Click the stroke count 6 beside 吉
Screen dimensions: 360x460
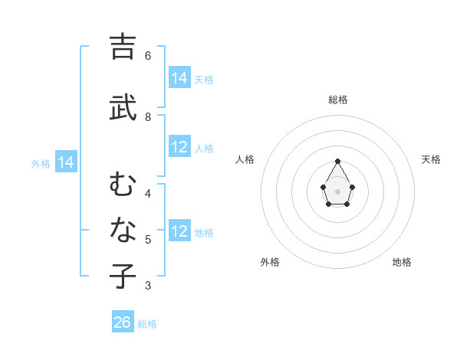coord(148,55)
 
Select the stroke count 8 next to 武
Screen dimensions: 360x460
coord(148,117)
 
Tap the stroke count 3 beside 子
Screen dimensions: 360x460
coord(148,286)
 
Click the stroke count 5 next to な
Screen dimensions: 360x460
coord(148,240)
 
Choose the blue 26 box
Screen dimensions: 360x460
coord(123,322)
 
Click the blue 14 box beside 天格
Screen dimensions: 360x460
coord(179,77)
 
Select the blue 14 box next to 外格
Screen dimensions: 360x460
coord(66,162)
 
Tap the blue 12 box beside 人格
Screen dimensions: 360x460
coord(179,147)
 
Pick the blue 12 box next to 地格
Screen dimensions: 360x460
coord(179,231)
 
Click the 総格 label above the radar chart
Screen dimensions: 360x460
coord(338,100)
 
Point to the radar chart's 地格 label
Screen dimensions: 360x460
coord(402,262)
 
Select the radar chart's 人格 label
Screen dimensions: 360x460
coord(245,159)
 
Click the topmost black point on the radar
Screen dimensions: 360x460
coord(338,161)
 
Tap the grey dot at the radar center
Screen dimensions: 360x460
coord(338,190)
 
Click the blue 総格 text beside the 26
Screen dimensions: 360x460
coord(147,324)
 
